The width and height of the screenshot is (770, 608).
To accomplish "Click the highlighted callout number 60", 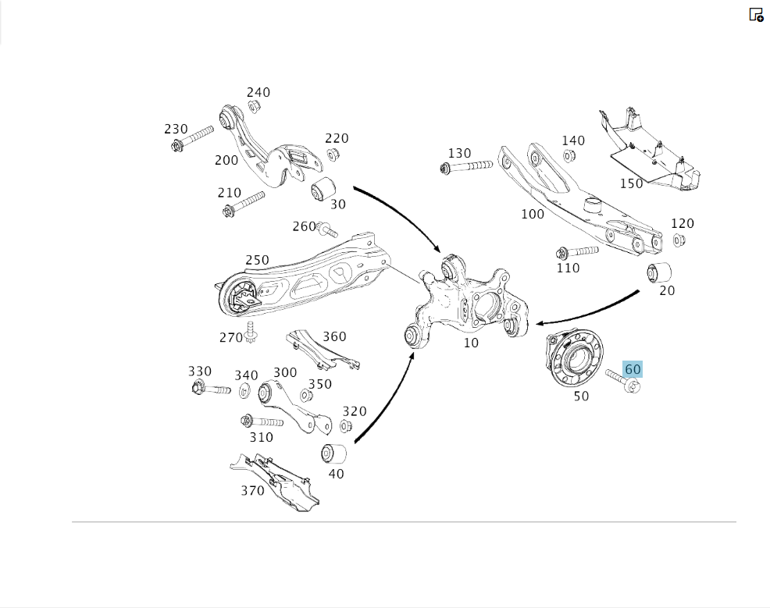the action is (x=633, y=369).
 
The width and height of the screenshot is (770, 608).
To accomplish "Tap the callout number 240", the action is (x=258, y=92).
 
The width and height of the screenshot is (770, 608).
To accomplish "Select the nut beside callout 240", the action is (x=254, y=106).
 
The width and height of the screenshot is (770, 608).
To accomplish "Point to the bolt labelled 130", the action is (x=466, y=166).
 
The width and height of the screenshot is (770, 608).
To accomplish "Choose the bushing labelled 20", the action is (x=659, y=273).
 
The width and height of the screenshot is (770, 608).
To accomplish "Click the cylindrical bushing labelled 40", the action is (x=333, y=453).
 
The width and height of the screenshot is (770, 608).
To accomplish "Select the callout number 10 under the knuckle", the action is (x=471, y=343).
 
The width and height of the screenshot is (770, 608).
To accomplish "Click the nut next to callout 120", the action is (x=679, y=240).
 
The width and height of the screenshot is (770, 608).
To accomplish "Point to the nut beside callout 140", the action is (x=569, y=157).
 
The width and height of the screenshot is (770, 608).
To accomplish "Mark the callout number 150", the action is (x=631, y=183).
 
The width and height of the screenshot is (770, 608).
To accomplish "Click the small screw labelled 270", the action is (x=251, y=332).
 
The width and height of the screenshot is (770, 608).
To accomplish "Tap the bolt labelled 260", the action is (x=328, y=229).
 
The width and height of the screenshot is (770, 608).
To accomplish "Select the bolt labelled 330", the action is (x=211, y=389).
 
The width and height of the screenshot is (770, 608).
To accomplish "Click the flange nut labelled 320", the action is (x=346, y=425).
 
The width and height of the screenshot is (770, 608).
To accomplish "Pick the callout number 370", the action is (x=252, y=491).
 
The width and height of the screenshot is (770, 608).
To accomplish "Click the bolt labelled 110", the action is (x=577, y=252).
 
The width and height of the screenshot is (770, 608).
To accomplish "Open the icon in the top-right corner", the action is (x=756, y=15).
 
